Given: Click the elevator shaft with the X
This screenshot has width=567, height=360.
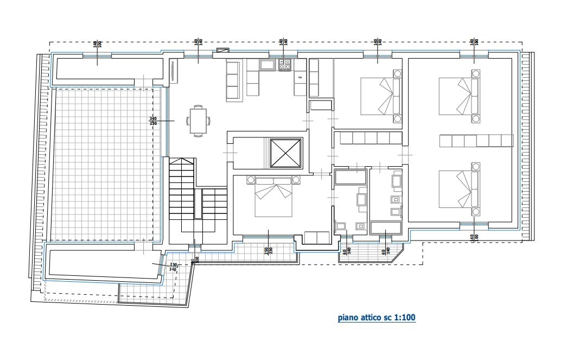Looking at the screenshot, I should coord(285,153).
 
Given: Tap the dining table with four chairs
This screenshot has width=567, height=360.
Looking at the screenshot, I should coord(198,120).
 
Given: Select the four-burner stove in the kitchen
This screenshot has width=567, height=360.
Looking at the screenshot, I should coord(285,65).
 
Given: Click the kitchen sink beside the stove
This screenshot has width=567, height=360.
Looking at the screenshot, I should coord(267,65).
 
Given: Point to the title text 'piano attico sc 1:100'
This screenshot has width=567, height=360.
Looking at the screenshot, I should coord(377,317).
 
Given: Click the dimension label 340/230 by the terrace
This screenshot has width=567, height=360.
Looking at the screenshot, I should coord(153,121).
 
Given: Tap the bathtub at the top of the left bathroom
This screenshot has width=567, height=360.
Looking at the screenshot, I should coord(351,177).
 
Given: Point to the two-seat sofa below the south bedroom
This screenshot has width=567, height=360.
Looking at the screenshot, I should coord(316,238).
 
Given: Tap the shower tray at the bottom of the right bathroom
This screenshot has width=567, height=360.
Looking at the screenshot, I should coord(385,228).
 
